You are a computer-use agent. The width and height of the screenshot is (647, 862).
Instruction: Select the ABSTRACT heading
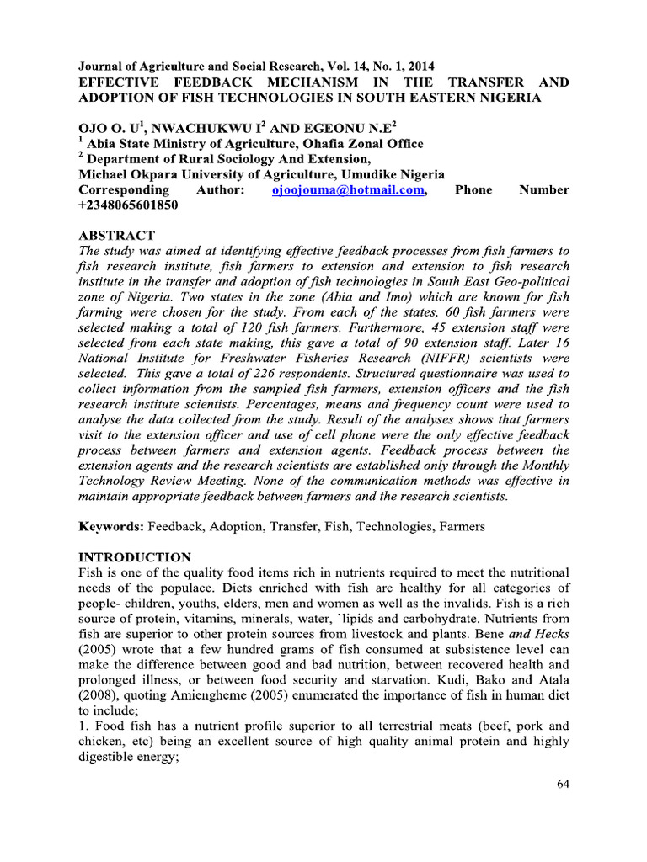pos(116,235)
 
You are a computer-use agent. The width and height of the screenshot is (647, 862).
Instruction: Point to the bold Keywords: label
pos(111,526)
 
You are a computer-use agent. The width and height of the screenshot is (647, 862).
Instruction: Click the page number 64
pos(564,785)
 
